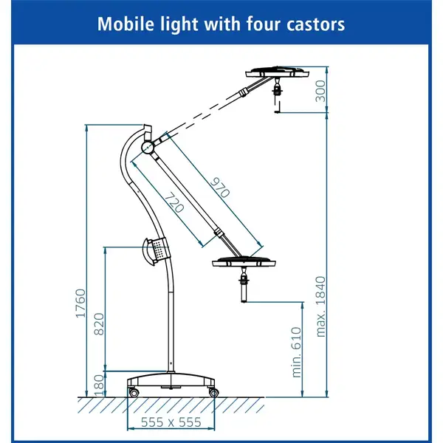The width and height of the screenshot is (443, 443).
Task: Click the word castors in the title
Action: (315, 24)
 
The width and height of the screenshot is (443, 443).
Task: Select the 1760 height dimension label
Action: (80, 303)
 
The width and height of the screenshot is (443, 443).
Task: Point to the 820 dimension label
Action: (99, 324)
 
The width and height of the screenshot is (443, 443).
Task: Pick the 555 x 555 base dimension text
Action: (171, 422)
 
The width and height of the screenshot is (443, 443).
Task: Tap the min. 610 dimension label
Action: (296, 352)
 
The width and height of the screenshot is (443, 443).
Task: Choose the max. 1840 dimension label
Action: (320, 306)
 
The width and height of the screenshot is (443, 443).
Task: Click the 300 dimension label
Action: (320, 91)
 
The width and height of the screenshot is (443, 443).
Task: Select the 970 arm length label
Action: (220, 188)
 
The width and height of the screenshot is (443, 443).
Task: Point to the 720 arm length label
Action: (174, 202)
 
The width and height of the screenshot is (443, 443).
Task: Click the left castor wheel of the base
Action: (134, 392)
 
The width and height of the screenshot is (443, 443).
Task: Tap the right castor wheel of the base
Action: (213, 393)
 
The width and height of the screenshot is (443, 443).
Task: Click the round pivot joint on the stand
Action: (148, 147)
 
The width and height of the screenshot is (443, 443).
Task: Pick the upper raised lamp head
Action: (277, 72)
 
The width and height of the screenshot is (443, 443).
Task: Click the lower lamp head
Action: (244, 262)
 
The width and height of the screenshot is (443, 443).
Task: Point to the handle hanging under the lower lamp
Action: (244, 285)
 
